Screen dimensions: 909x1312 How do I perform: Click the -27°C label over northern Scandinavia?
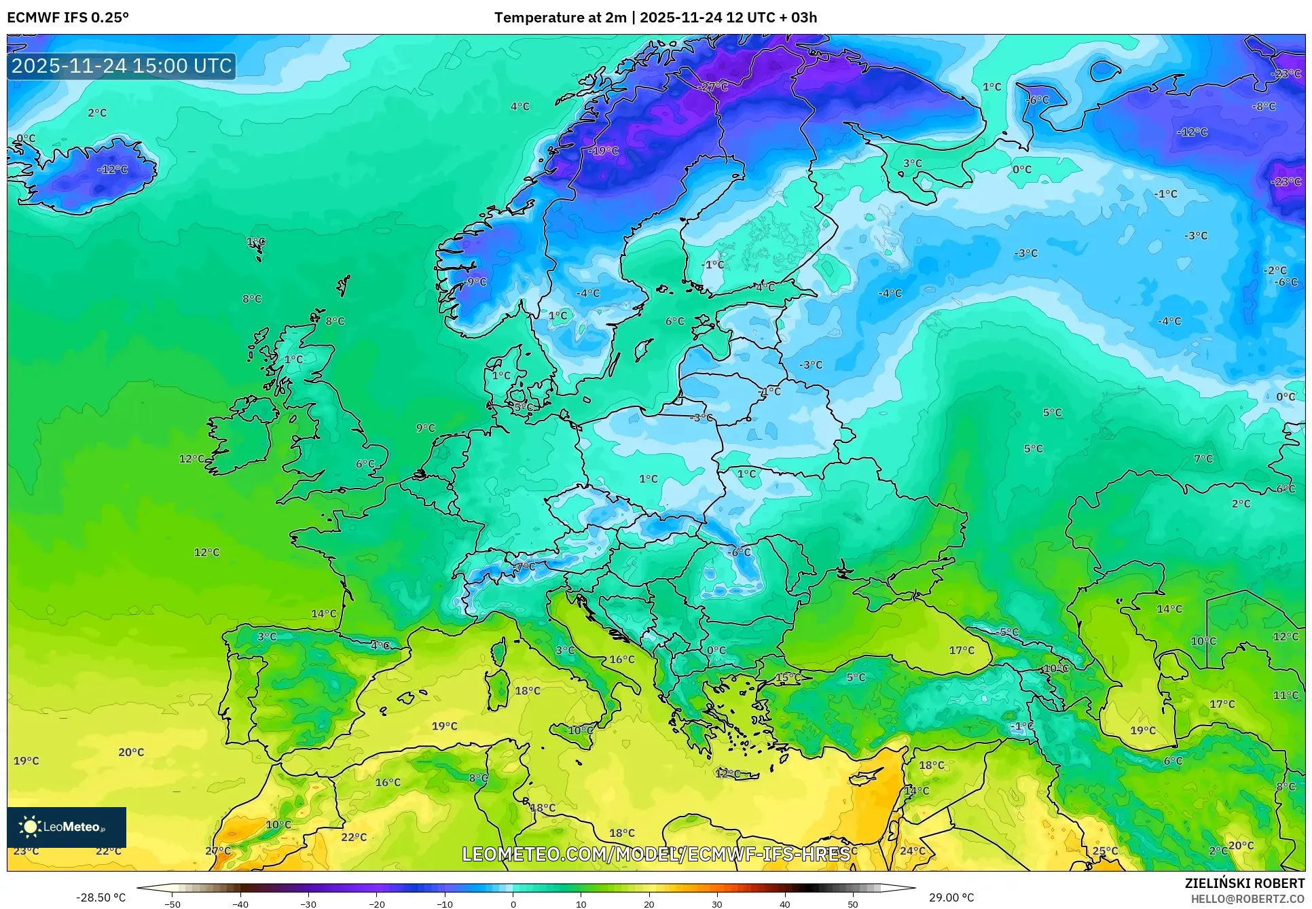tap(712, 87)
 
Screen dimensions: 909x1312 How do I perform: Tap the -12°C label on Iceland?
tap(113, 169)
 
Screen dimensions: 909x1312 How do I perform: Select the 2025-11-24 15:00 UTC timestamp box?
tap(122, 66)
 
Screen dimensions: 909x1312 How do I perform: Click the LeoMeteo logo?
tap(67, 827)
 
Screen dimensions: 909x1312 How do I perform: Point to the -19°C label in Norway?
tap(603, 151)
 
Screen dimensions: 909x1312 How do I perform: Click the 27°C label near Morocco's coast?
tap(218, 851)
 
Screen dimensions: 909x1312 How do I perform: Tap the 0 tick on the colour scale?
tap(513, 904)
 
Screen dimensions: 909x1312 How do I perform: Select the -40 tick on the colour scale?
tap(240, 904)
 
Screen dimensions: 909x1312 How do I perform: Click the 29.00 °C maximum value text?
tap(951, 897)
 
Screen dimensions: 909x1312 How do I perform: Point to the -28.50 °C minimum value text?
tap(101, 897)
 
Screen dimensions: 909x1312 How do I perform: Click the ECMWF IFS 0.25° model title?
tap(68, 18)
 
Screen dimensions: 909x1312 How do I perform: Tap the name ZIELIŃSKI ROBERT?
tap(1245, 883)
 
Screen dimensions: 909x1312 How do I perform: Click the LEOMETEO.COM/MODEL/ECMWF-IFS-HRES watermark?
tap(656, 854)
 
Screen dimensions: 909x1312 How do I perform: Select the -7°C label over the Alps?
tap(524, 566)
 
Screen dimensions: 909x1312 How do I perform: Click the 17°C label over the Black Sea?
tap(962, 650)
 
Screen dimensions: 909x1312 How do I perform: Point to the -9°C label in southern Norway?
tap(476, 281)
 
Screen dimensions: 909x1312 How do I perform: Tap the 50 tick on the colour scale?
tap(852, 904)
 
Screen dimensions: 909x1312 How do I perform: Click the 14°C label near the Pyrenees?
tap(324, 613)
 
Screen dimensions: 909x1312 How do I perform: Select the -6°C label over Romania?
tap(739, 552)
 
